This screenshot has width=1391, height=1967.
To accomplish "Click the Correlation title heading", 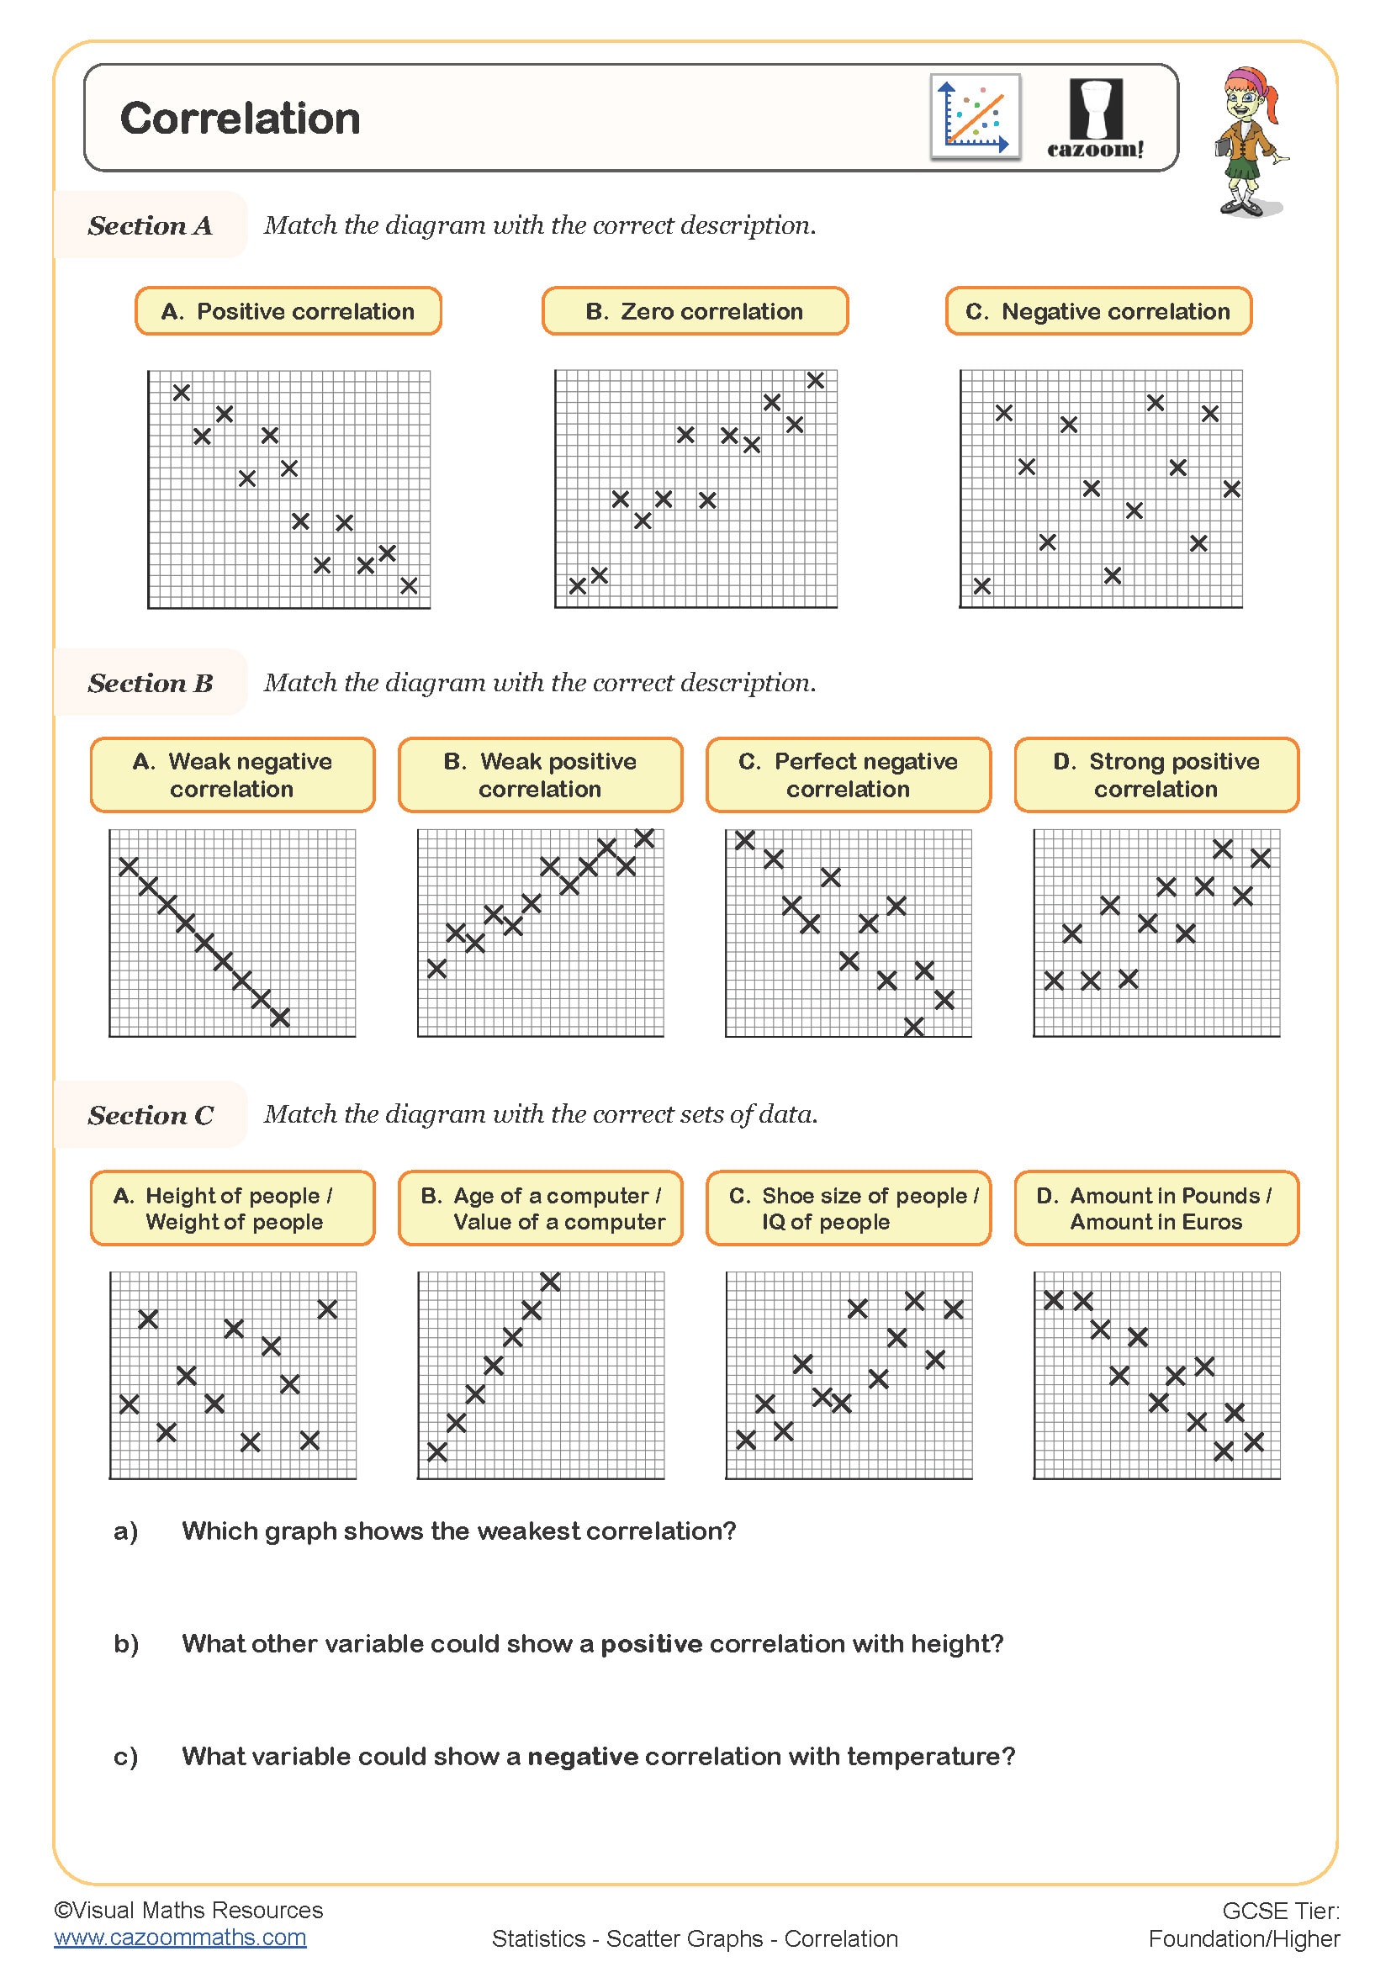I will (240, 119).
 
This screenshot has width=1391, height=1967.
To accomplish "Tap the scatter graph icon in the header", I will (975, 118).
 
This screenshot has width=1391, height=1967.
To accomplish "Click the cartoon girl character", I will (1250, 142).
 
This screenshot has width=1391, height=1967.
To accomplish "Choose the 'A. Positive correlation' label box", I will (288, 311).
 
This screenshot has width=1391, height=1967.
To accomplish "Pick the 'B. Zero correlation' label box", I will (695, 311).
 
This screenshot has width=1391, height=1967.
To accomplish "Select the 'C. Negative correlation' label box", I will (1098, 311).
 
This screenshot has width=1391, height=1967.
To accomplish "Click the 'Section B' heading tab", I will (150, 683).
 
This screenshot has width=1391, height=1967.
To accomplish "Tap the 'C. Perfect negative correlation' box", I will (848, 775).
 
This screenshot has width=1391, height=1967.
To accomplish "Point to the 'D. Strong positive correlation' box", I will (1156, 775).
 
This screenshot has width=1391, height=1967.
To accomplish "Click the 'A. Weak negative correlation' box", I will (232, 775).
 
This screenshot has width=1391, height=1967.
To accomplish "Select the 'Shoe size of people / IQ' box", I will (848, 1208).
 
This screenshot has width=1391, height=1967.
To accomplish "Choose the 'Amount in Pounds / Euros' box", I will (1156, 1208).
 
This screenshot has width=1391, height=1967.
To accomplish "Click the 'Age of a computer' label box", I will (541, 1208).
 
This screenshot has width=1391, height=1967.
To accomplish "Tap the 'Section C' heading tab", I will (150, 1115).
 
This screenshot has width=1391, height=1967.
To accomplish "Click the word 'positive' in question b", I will (651, 1644).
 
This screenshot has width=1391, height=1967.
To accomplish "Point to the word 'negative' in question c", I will (583, 1756).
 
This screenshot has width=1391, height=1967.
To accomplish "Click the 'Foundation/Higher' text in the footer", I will (1244, 1938).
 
